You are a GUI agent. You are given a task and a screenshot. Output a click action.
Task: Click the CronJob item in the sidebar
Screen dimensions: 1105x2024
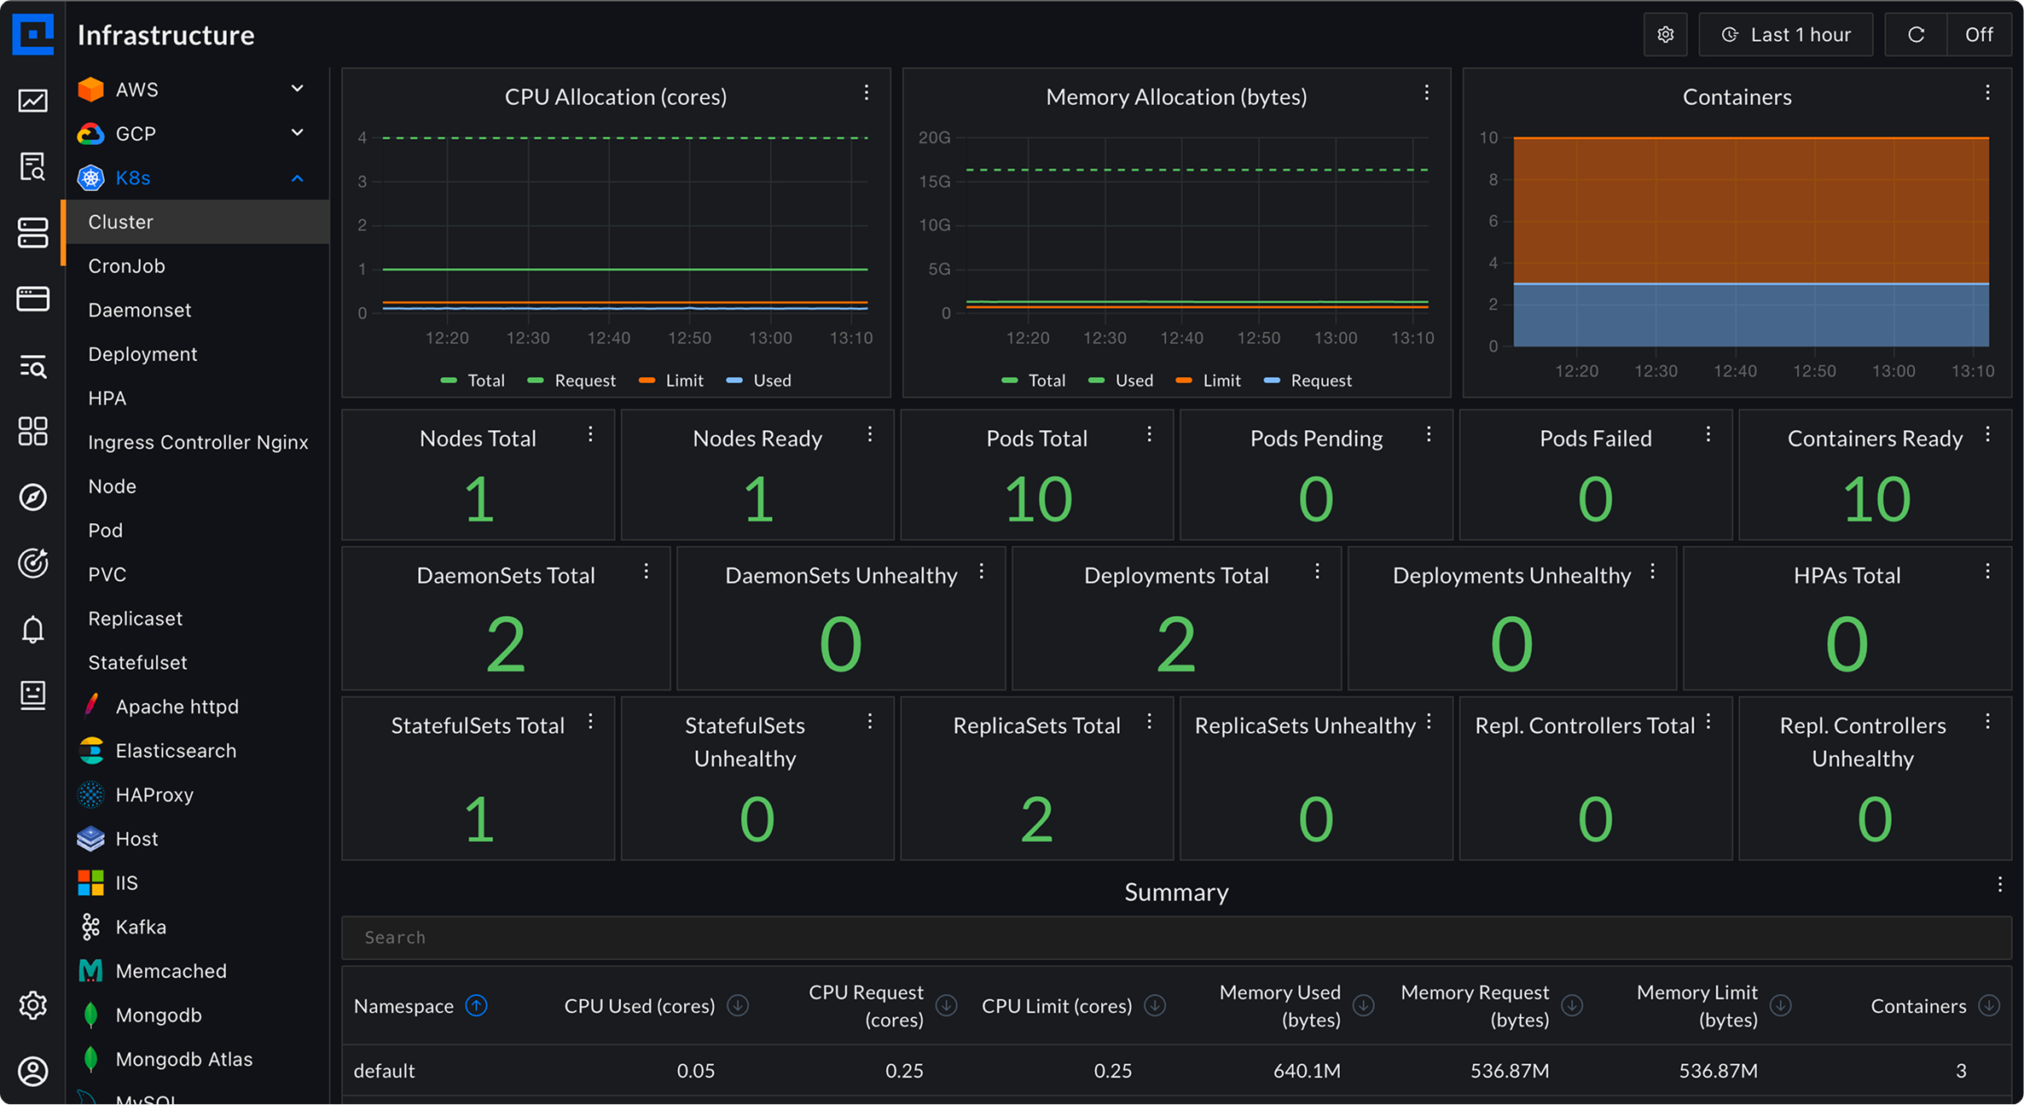point(126,266)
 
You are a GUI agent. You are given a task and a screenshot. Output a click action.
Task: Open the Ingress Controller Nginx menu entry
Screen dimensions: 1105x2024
point(198,442)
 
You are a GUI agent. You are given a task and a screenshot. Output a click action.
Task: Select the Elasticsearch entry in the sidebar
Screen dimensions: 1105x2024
point(176,751)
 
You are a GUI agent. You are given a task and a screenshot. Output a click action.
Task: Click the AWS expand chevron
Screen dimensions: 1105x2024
point(297,89)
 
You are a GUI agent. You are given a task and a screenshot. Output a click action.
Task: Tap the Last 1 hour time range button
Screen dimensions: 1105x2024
point(1786,35)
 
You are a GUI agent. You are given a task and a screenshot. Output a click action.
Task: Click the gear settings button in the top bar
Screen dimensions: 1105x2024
point(1665,35)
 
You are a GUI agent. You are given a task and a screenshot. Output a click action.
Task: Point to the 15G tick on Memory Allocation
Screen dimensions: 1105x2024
point(934,182)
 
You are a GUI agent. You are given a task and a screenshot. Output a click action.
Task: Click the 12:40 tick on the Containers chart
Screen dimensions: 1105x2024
point(1735,371)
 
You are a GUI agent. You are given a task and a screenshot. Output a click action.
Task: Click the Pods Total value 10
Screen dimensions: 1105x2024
point(1037,499)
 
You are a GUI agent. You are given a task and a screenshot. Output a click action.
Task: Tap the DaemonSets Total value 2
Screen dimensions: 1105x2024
point(505,645)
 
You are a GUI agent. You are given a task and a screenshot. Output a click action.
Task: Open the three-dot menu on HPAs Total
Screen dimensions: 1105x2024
point(1987,572)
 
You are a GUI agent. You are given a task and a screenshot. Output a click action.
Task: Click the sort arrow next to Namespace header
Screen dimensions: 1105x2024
point(477,1006)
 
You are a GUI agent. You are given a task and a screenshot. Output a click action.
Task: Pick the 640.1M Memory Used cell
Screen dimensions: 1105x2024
point(1307,1071)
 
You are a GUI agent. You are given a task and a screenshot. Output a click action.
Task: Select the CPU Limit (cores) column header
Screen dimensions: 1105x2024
point(1056,1006)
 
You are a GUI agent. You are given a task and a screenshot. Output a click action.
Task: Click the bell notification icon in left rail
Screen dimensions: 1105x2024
point(32,630)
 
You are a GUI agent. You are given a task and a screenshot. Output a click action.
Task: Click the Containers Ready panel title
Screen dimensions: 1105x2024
point(1874,439)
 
